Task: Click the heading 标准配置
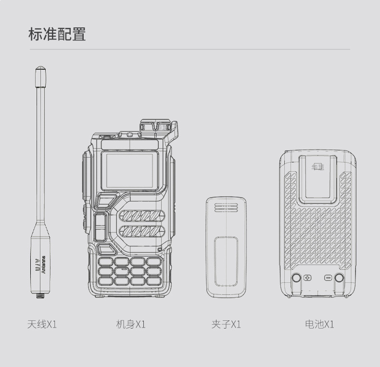click(57, 35)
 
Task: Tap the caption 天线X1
click(42, 324)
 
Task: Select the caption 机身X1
click(130, 324)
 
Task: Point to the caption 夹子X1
click(226, 324)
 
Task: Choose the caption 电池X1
click(319, 324)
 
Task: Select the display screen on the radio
click(129, 170)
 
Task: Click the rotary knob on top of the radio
click(155, 126)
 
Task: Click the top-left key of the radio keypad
click(106, 261)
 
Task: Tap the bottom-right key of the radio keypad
click(154, 281)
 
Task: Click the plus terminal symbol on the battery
click(308, 278)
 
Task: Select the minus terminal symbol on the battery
click(328, 278)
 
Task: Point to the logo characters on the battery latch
click(318, 167)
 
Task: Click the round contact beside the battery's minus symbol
click(339, 278)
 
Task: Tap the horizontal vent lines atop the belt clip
click(226, 207)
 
